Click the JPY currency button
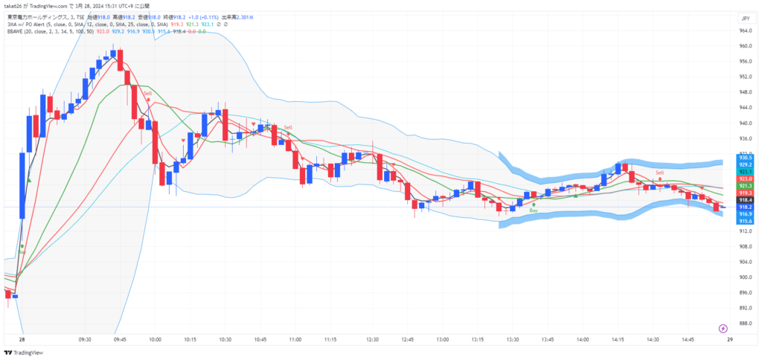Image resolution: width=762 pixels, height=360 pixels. tap(745, 18)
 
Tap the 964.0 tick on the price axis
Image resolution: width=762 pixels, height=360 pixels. tap(745, 30)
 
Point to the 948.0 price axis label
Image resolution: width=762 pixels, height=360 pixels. tap(745, 92)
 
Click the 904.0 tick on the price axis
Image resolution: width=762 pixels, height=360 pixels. tap(745, 261)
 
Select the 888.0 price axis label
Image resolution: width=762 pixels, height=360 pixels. tap(745, 323)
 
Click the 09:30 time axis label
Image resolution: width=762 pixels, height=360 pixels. tap(85, 339)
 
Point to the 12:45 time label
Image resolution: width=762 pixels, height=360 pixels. tap(407, 339)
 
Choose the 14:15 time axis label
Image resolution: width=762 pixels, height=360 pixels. tap(617, 339)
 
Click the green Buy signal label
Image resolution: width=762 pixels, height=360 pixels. tap(534, 210)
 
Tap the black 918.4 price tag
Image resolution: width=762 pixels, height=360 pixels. tap(745, 200)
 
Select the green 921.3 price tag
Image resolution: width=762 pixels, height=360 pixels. tap(745, 186)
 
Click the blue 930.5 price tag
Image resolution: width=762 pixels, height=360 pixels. tap(745, 158)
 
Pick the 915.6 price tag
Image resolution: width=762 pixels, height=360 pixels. tap(745, 221)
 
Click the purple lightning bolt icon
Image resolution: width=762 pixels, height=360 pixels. tap(723, 328)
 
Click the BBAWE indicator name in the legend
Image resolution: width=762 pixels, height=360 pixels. tap(16, 31)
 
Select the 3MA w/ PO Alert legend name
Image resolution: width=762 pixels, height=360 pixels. tap(28, 23)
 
